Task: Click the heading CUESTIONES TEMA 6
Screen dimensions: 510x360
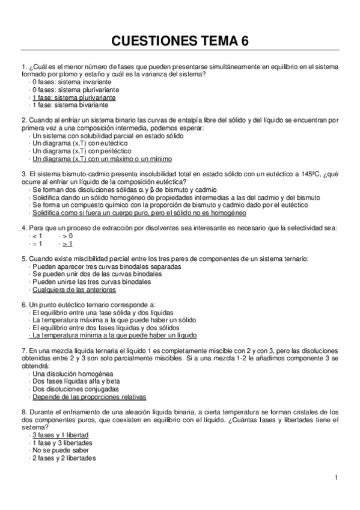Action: pyautogui.click(x=180, y=41)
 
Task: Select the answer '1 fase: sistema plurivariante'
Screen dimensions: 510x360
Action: pyautogui.click(x=74, y=97)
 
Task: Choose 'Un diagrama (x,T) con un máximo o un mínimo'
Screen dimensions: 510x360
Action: pyautogui.click(x=102, y=159)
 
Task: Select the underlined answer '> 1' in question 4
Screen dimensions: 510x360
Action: pyautogui.click(x=67, y=244)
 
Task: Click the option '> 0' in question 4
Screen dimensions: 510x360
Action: pyautogui.click(x=67, y=236)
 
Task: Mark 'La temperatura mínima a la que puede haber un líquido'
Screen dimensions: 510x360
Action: pyautogui.click(x=115, y=336)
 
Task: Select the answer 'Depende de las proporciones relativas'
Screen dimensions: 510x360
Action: pyautogui.click(x=90, y=397)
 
